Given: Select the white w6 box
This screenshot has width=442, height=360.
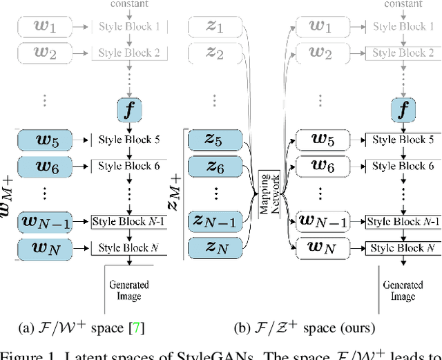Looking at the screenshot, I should click(321, 167).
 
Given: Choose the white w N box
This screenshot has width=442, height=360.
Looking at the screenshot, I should click(321, 247).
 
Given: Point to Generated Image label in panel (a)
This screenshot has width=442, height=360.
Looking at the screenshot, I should click(129, 290).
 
